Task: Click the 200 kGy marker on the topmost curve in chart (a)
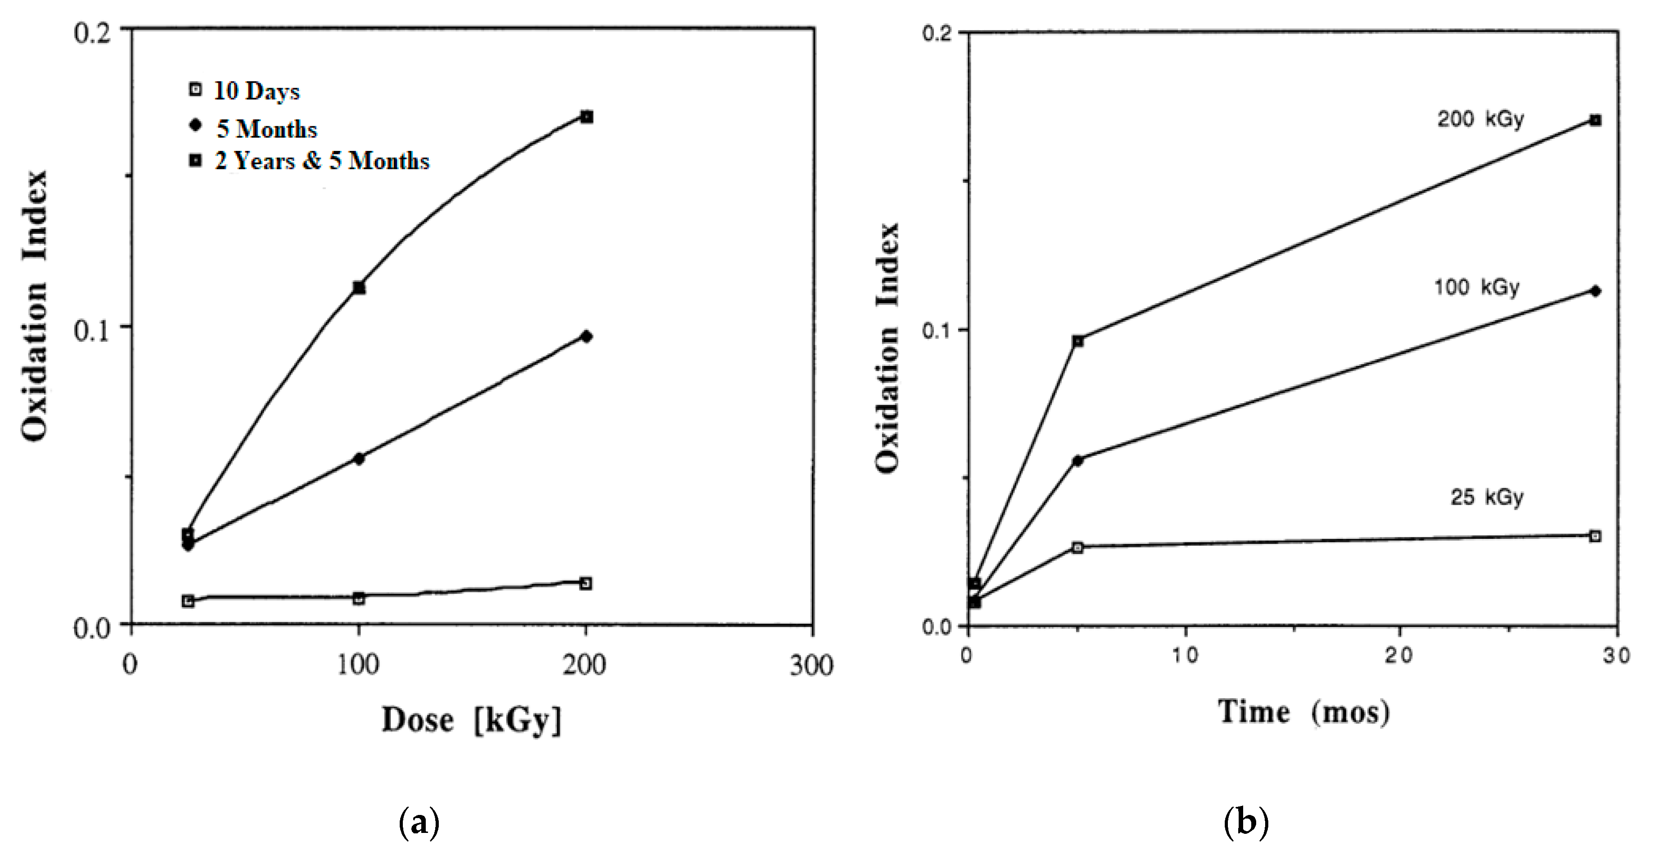587,117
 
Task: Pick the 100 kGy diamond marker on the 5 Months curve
359,458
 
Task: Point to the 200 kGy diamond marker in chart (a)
586,336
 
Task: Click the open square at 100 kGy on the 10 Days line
359,598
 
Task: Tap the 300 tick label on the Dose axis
812,665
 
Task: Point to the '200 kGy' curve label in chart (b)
1480,119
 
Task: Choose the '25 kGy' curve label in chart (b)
1487,497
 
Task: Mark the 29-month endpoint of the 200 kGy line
1595,120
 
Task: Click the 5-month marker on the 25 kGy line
1077,547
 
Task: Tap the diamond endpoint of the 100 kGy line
1595,291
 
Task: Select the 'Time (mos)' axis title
1304,713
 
